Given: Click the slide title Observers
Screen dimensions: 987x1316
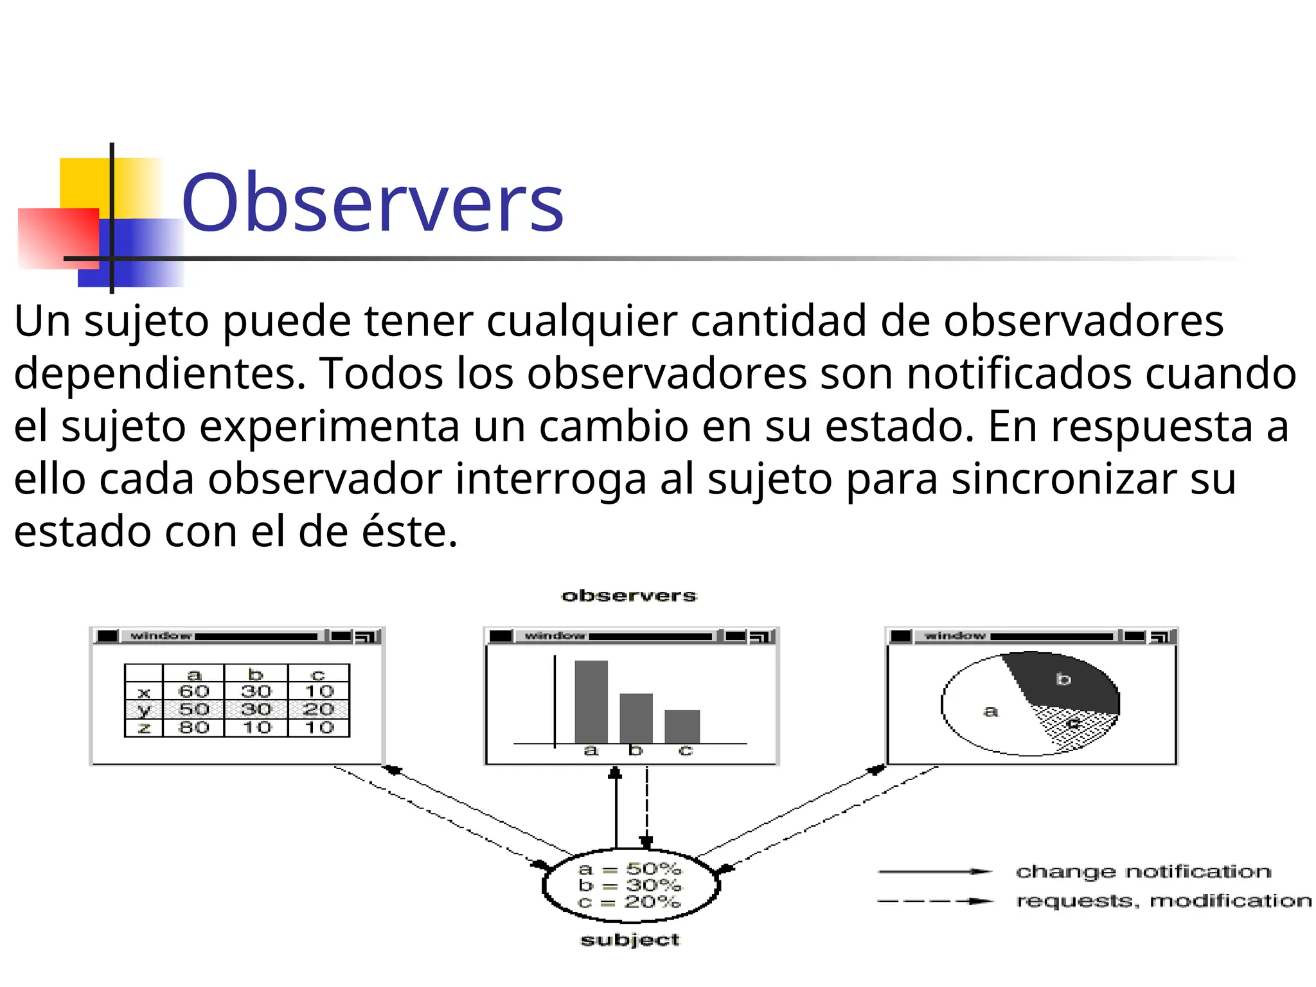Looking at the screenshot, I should click(x=373, y=203).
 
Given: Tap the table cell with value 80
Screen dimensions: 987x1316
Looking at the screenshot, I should click(x=193, y=727).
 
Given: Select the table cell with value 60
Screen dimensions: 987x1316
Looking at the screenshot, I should click(x=193, y=691).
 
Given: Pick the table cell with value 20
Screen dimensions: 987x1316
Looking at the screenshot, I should click(x=319, y=709).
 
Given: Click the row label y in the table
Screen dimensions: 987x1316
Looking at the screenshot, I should click(x=144, y=710).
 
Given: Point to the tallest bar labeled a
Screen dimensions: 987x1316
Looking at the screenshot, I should click(x=591, y=702).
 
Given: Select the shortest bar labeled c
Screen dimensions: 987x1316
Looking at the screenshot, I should click(x=682, y=727).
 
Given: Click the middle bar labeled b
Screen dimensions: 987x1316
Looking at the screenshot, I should click(x=636, y=718).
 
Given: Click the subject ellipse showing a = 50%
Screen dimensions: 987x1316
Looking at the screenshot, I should click(x=630, y=885).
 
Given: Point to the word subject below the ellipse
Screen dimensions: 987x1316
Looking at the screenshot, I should click(x=630, y=940).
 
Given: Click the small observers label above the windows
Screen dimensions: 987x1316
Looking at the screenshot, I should click(x=629, y=596).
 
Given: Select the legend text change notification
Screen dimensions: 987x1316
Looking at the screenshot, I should click(x=1143, y=872).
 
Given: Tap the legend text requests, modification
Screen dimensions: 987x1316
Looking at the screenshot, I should click(x=1164, y=901).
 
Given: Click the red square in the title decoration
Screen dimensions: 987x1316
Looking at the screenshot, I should click(x=58, y=238).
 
